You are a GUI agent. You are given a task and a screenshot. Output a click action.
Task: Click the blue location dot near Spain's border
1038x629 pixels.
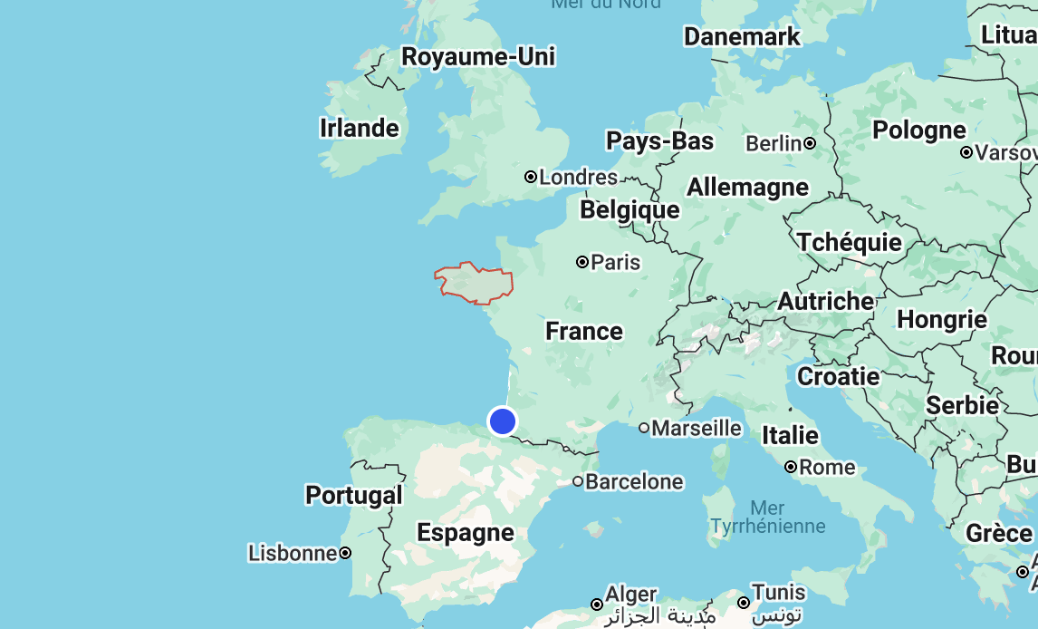[x=502, y=421]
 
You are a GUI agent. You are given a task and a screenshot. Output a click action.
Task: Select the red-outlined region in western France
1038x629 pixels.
[x=473, y=283]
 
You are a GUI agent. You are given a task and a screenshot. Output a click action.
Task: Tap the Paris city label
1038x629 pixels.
[x=615, y=263]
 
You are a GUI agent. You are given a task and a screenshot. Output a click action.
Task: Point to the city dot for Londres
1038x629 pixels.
[x=531, y=178]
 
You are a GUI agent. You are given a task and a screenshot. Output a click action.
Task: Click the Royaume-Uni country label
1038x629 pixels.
[x=478, y=57]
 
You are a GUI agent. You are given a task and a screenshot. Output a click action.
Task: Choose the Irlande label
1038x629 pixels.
[x=360, y=128]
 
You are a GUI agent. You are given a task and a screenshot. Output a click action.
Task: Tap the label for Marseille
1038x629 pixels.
[x=697, y=428]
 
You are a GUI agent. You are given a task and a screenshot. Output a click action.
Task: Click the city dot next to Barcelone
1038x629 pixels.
[x=578, y=481]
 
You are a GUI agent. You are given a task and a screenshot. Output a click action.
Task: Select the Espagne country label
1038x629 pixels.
[x=466, y=532]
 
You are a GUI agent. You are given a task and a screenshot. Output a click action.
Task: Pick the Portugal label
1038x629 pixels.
[x=353, y=495]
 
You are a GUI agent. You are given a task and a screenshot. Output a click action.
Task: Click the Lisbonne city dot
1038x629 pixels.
[x=345, y=553]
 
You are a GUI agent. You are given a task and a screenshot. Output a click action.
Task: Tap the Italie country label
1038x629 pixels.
[x=790, y=436]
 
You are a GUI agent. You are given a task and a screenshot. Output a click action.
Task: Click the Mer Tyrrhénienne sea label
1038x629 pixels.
[x=768, y=517]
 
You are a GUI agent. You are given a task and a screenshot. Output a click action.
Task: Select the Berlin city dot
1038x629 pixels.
[x=810, y=143]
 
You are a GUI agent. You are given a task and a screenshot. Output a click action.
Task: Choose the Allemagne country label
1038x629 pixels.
[x=747, y=188]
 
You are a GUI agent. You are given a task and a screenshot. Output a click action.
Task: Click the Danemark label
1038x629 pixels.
[x=742, y=37]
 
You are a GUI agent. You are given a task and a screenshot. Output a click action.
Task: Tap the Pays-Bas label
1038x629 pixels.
[x=659, y=141]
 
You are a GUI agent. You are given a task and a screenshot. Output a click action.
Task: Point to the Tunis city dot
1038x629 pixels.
[x=743, y=603]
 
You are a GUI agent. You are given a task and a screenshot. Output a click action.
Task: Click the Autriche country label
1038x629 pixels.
[x=825, y=301]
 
